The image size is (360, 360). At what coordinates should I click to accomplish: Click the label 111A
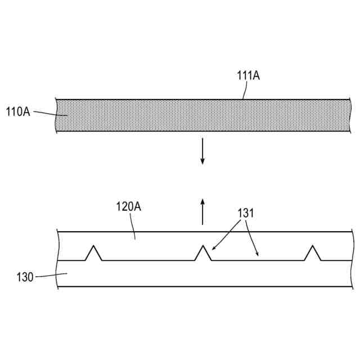pyautogui.click(x=249, y=76)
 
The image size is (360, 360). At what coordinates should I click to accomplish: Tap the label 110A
pyautogui.click(x=17, y=111)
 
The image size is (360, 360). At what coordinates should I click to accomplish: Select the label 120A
pyautogui.click(x=128, y=206)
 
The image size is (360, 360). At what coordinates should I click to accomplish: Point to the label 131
pyautogui.click(x=245, y=213)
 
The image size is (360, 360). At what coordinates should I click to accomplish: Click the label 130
pyautogui.click(x=25, y=276)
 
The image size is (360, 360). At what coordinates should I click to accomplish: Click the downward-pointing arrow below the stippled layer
pyautogui.click(x=203, y=154)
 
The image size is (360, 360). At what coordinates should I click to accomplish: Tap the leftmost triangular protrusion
pyautogui.click(x=93, y=254)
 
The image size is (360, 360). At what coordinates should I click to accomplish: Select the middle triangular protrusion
pyautogui.click(x=203, y=254)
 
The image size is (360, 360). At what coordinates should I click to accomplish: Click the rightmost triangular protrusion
pyautogui.click(x=312, y=254)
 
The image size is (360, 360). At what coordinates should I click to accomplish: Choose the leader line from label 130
pyautogui.click(x=51, y=275)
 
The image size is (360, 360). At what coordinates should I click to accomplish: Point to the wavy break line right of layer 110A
pyautogui.click(x=349, y=116)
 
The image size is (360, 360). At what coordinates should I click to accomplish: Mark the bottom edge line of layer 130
pyautogui.click(x=202, y=287)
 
